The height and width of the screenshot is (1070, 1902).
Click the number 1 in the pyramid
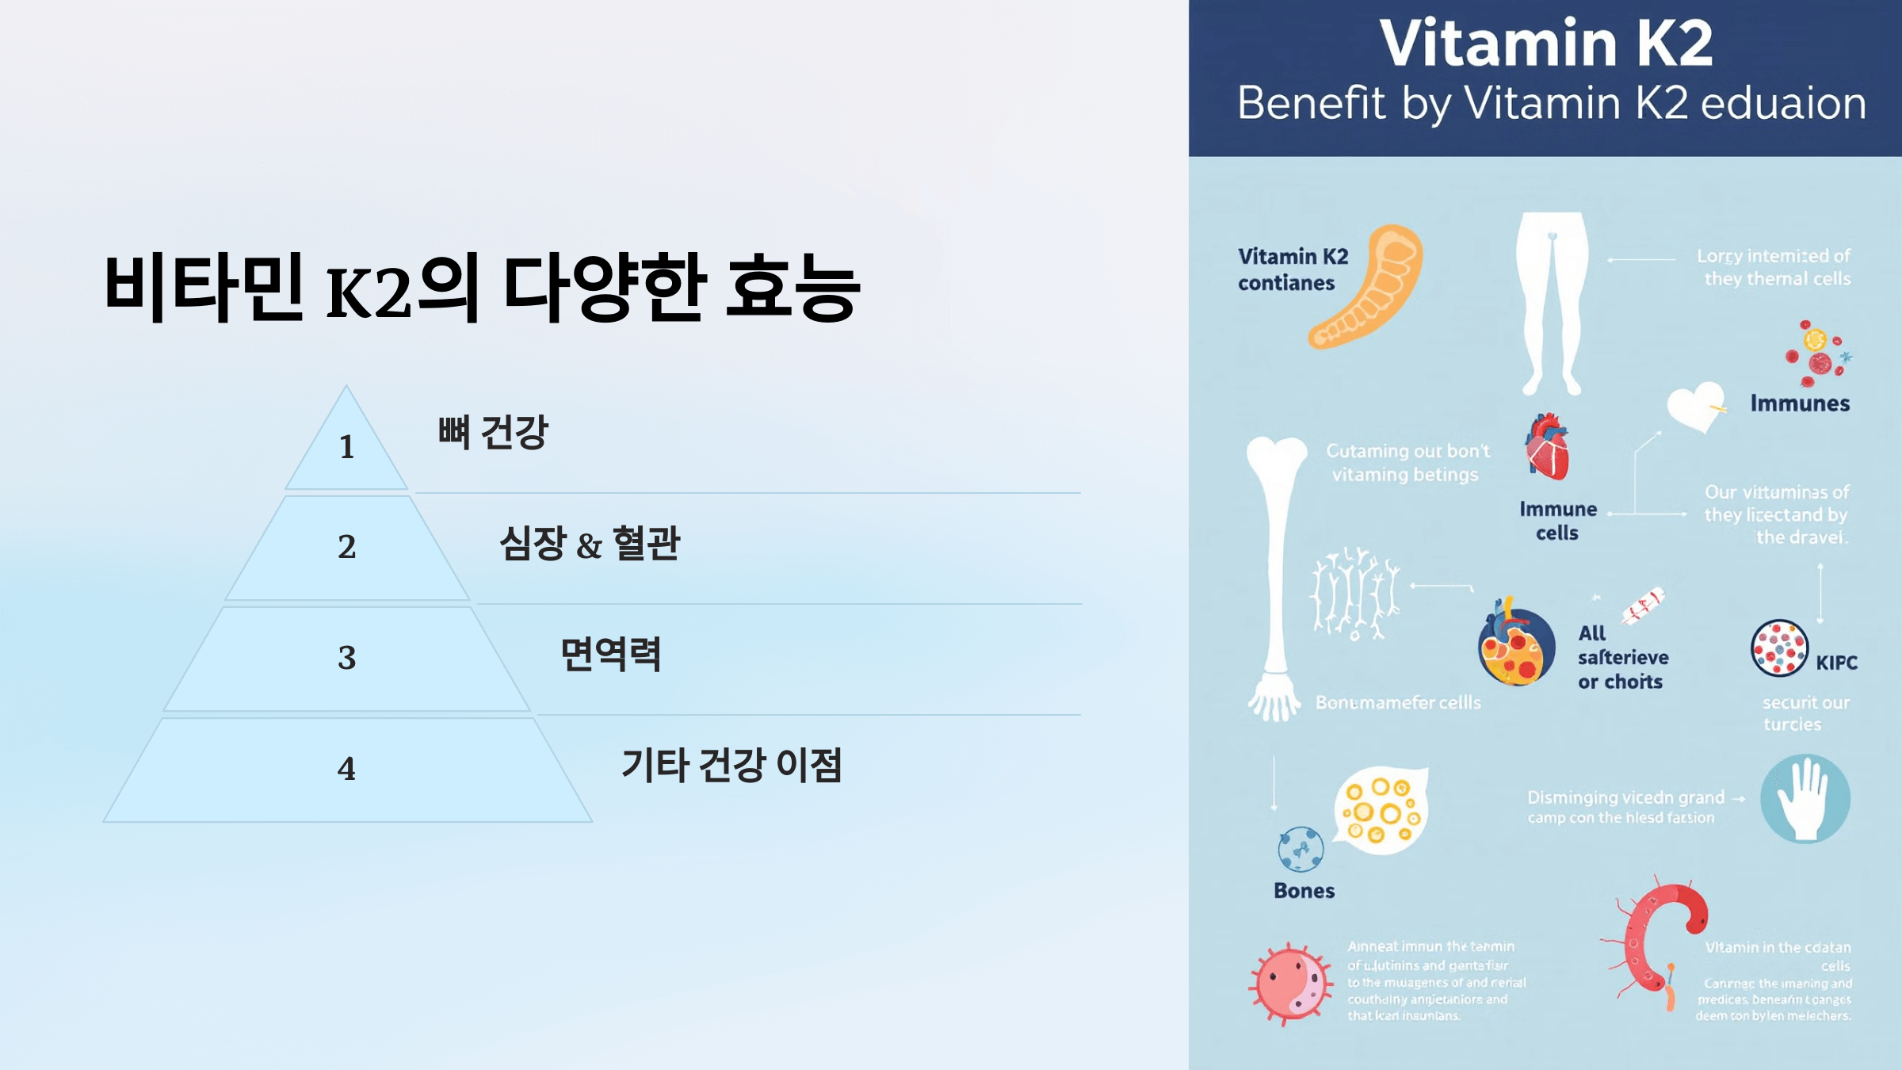346,447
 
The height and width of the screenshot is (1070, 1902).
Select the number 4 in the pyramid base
346,768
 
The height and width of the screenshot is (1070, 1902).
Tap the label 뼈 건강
492,433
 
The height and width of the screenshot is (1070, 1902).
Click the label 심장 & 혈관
589,544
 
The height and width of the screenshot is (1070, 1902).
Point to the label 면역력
610,655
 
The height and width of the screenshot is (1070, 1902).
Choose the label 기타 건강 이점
731,766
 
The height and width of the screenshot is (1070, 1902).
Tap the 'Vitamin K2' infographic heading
1545,43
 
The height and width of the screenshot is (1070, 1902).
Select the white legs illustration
1552,301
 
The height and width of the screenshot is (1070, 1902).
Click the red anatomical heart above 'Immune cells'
1547,447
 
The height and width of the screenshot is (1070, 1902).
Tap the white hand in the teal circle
1805,798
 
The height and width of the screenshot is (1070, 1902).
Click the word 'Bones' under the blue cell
1304,891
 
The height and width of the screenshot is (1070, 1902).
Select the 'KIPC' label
1836,663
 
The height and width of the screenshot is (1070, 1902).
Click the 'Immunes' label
1800,403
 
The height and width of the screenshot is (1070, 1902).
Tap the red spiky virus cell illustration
1290,984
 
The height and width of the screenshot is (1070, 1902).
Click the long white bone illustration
1276,571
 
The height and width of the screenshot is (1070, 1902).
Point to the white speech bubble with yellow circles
1381,810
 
